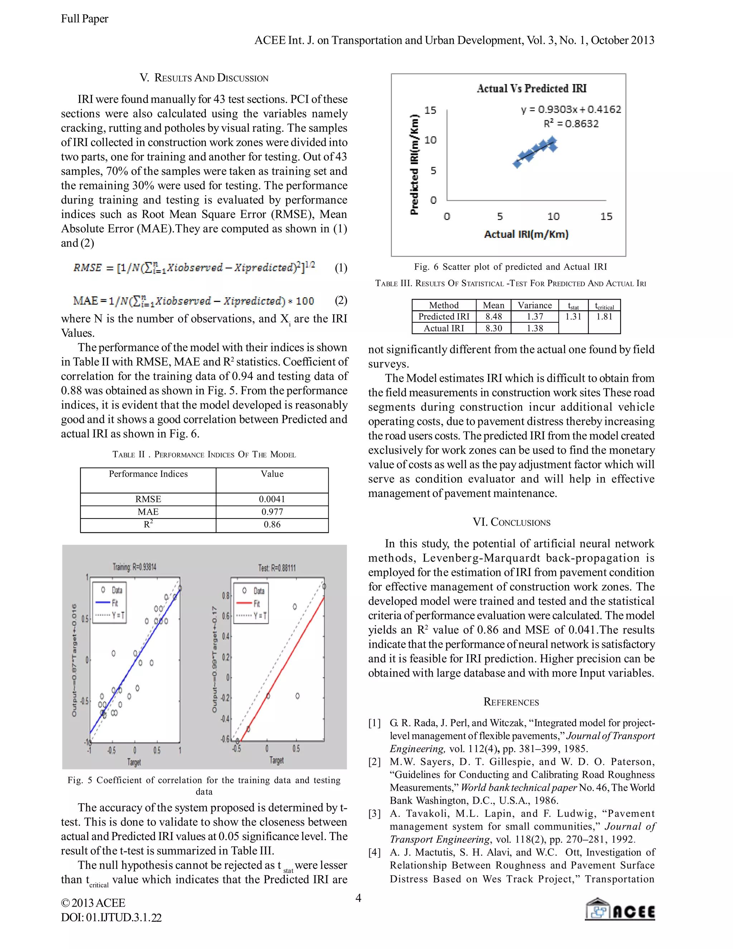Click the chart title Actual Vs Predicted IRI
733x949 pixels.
pyautogui.click(x=531, y=89)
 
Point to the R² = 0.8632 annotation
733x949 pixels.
pyautogui.click(x=571, y=124)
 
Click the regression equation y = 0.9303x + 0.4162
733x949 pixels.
pyautogui.click(x=571, y=110)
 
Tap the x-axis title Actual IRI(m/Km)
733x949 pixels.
pyautogui.click(x=526, y=234)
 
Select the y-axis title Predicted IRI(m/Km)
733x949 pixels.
pyautogui.click(x=415, y=165)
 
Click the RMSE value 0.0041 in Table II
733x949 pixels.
pyautogui.click(x=272, y=499)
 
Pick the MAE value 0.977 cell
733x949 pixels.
pyautogui.click(x=272, y=512)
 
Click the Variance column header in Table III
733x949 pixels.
pyautogui.click(x=535, y=305)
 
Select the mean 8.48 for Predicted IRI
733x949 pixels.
pyautogui.click(x=493, y=317)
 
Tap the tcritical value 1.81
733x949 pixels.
pyautogui.click(x=604, y=317)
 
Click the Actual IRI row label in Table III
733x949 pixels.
pyautogui.click(x=443, y=328)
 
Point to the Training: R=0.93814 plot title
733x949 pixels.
pyautogui.click(x=134, y=567)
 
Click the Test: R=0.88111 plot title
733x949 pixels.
pyautogui.click(x=277, y=568)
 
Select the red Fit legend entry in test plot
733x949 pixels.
pyautogui.click(x=251, y=603)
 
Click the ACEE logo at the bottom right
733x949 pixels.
pyautogui.click(x=620, y=910)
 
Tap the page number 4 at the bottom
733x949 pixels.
pyautogui.click(x=358, y=898)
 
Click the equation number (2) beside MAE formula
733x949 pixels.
pyautogui.click(x=340, y=300)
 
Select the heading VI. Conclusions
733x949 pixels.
pyautogui.click(x=511, y=522)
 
